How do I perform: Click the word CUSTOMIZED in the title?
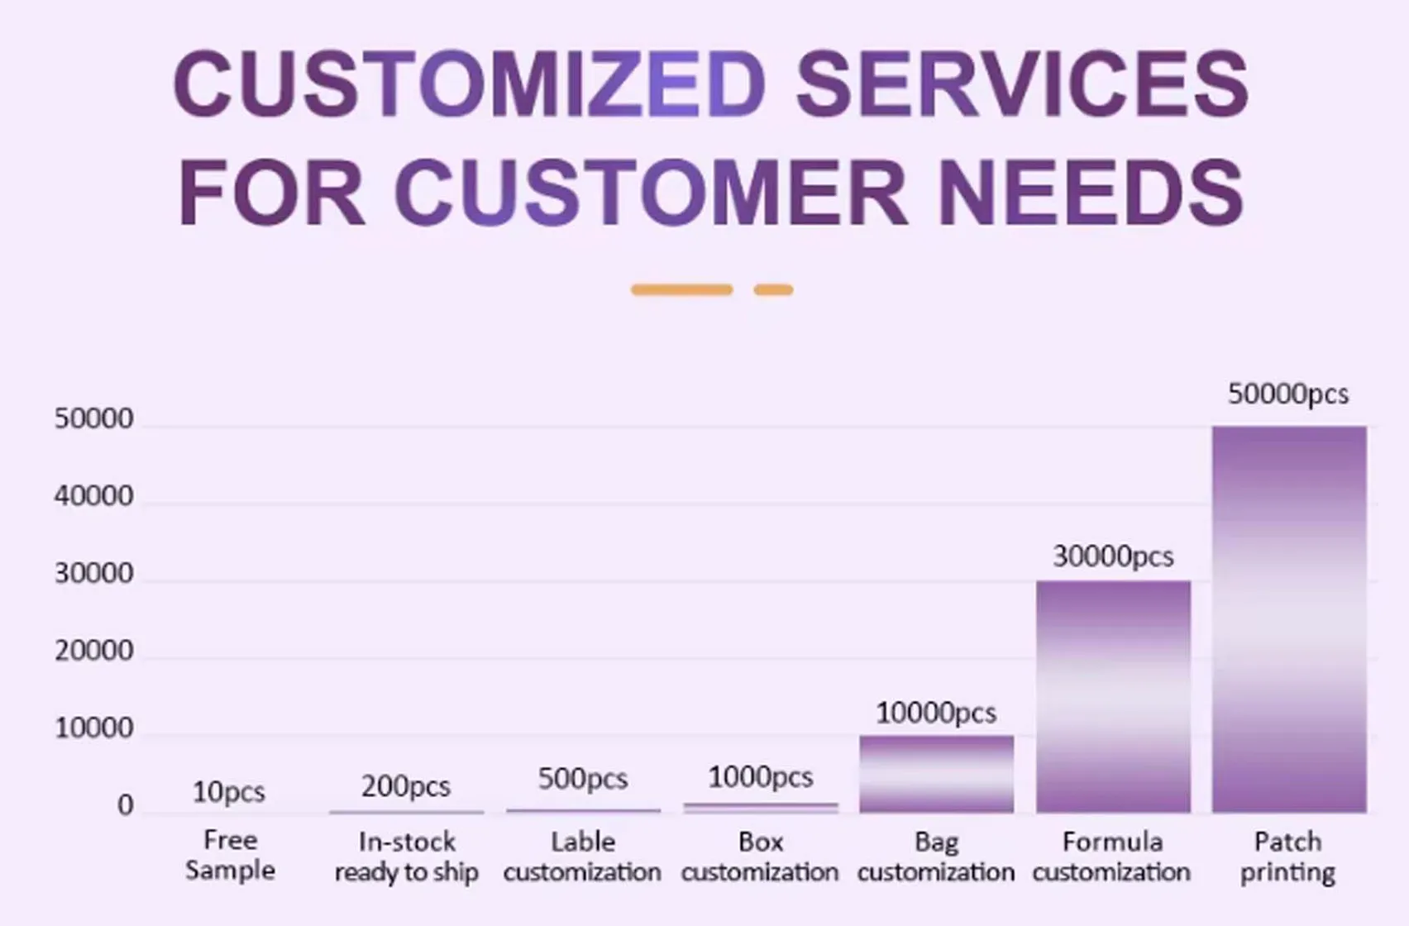(x=470, y=83)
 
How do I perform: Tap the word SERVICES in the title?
(x=1022, y=83)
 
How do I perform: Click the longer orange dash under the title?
(x=681, y=289)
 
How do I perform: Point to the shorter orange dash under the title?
(x=773, y=289)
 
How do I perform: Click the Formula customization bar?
(x=1113, y=696)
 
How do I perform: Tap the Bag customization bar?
(x=936, y=774)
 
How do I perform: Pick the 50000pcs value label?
(x=1287, y=394)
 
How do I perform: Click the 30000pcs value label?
(x=1112, y=556)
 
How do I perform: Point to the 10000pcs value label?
(x=935, y=713)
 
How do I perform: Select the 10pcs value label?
(x=228, y=792)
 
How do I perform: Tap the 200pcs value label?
(x=405, y=785)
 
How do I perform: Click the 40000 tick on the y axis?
(x=93, y=496)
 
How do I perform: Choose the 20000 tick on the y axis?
(x=93, y=651)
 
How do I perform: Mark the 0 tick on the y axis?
(x=125, y=805)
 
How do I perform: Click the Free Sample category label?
(x=230, y=855)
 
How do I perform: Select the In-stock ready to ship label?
(x=406, y=857)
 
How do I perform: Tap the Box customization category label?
(x=760, y=857)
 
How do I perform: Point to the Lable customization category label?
(x=582, y=857)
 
